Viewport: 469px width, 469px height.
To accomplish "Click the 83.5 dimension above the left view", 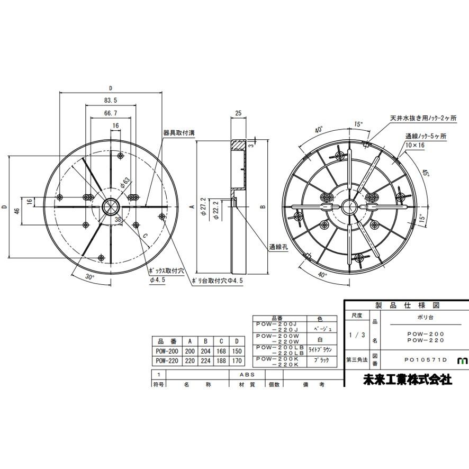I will [x=110, y=100].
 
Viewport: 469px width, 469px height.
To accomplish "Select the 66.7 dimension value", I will [x=110, y=113].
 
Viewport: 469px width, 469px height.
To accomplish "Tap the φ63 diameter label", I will [x=125, y=184].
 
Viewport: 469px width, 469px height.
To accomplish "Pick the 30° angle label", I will [x=89, y=276].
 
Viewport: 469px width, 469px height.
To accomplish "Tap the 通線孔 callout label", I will [x=277, y=247].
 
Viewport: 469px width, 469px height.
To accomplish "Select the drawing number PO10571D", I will [x=422, y=360].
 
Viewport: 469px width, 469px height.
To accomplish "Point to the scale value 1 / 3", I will [x=357, y=335].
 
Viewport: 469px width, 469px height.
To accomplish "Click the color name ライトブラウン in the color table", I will [x=319, y=349].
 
